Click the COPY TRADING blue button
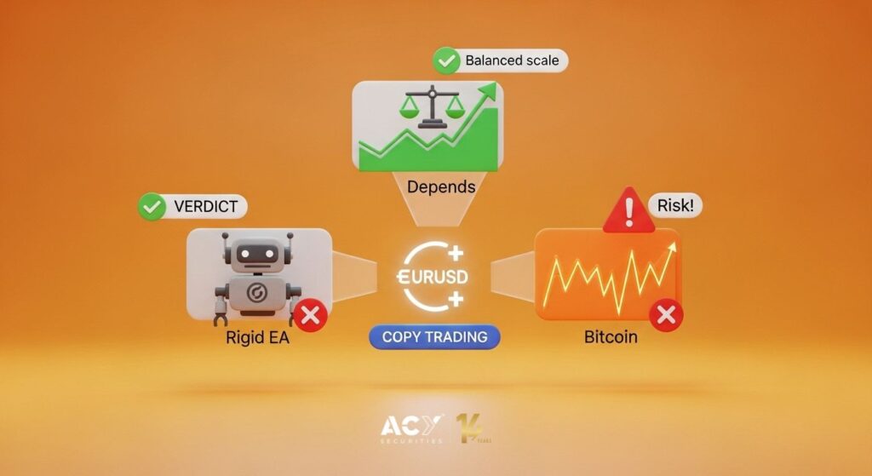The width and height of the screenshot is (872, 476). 434,336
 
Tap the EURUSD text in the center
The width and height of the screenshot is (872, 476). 434,278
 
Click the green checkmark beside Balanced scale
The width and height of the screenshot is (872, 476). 445,61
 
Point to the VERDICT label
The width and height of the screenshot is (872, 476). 205,207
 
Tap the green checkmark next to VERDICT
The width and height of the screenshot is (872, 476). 152,207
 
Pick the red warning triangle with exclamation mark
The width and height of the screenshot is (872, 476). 628,210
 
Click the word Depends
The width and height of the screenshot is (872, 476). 440,186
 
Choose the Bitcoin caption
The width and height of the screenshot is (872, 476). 611,336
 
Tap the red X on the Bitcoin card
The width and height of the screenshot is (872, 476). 666,316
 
